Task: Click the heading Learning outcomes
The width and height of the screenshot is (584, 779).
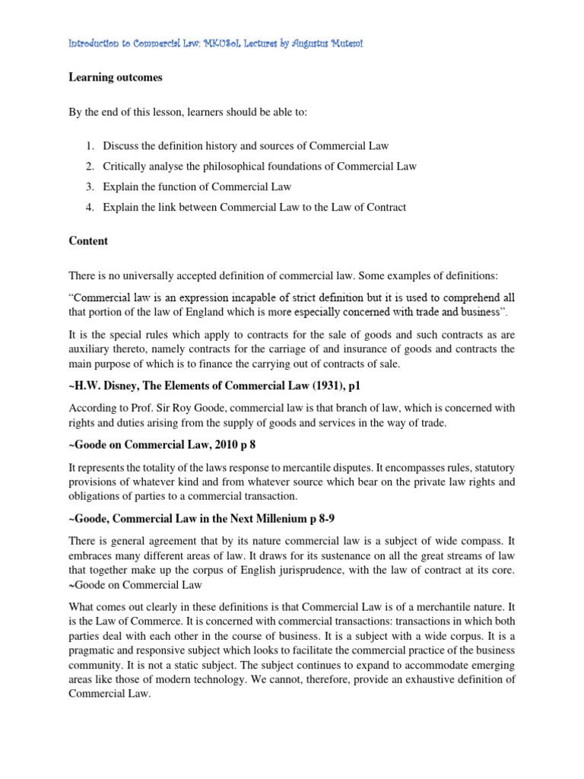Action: click(116, 77)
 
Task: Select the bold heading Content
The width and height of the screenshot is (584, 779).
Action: click(89, 241)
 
